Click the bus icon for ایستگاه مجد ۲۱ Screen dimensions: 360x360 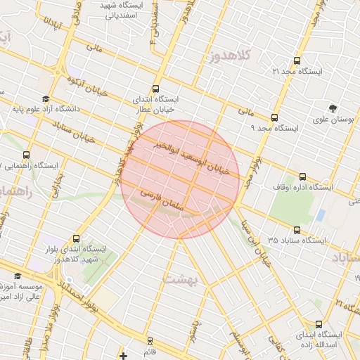click(296, 61)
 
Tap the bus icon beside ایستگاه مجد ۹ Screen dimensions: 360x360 click(274, 117)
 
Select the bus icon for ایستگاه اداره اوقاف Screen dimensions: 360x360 click(303, 176)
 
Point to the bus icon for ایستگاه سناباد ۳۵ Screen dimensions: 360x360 click(297, 229)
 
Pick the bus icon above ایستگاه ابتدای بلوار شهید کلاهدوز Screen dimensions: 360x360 click(76, 238)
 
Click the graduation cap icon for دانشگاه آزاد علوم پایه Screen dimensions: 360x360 click(46, 99)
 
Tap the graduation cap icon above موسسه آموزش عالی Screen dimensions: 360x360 click(18, 276)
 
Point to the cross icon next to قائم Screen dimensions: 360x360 click(124, 356)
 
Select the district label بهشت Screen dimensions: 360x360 click(181, 279)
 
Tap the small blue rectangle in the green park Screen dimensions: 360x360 click(321, 214)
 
